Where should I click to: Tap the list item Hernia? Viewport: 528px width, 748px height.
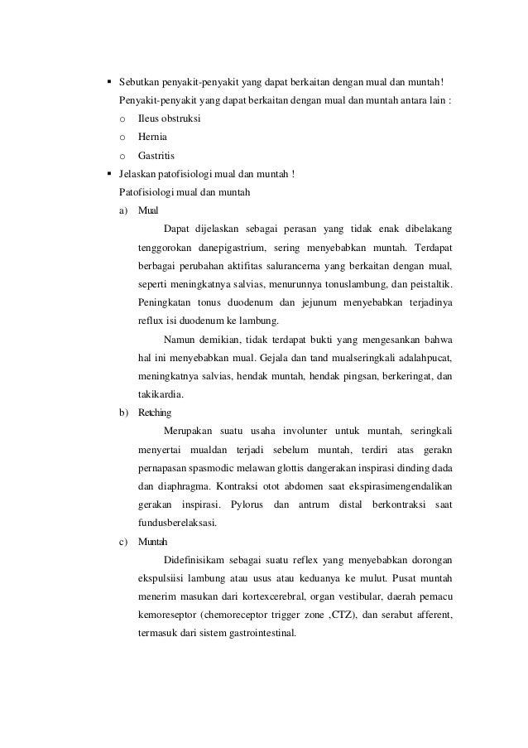(x=152, y=137)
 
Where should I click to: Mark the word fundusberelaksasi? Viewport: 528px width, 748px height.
(x=179, y=522)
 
